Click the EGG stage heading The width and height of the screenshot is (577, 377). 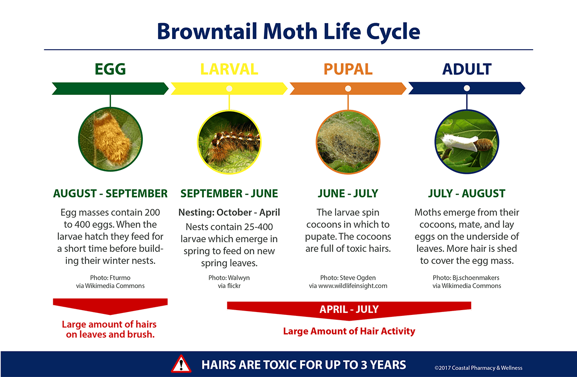coord(110,69)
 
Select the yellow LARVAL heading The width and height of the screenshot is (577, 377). coord(229,69)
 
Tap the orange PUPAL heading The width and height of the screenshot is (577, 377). coord(348,69)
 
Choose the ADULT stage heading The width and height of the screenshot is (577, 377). coord(467,69)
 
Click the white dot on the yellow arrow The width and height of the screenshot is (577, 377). coord(229,89)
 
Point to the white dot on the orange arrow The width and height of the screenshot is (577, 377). coord(348,89)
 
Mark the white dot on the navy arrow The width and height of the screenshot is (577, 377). coord(467,88)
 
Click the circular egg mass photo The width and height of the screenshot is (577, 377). coord(110,139)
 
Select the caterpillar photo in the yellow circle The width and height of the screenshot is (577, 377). coord(229,143)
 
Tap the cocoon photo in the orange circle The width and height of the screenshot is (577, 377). coord(348,143)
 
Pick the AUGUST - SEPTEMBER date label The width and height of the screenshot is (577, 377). coord(110,194)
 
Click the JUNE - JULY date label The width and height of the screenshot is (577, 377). coord(348,194)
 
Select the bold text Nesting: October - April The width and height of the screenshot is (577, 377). coord(229,212)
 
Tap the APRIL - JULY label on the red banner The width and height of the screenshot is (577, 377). coord(349,309)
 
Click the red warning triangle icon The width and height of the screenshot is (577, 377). coord(181,364)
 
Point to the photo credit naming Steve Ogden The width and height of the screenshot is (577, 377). coord(348,278)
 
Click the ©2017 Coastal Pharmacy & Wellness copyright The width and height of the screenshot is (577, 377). coord(478,368)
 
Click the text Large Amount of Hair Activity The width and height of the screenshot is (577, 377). coord(349,331)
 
